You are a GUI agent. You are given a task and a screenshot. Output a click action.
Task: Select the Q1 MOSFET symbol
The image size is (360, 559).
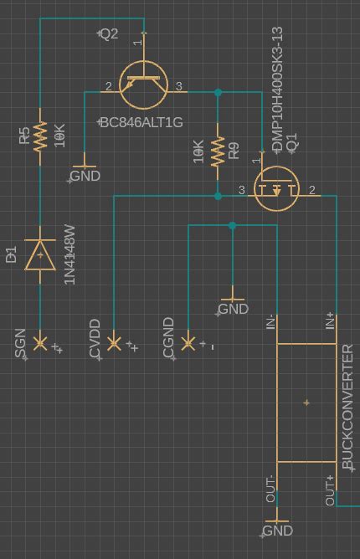(x=277, y=190)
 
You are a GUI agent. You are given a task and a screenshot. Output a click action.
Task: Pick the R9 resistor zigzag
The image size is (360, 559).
(x=219, y=151)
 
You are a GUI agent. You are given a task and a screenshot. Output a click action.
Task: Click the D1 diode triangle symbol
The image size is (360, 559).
(x=40, y=254)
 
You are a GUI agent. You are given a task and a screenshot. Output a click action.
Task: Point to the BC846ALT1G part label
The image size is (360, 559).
(x=141, y=122)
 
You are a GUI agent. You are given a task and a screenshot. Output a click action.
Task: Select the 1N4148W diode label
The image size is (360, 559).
(x=70, y=254)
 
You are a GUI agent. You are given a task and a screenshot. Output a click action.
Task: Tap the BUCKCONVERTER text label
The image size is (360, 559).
(x=348, y=407)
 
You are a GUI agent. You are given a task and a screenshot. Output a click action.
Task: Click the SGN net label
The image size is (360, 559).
(x=21, y=343)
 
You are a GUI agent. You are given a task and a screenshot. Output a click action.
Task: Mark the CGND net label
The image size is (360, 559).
(x=169, y=337)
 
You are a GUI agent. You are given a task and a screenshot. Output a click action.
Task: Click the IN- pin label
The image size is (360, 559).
(x=270, y=322)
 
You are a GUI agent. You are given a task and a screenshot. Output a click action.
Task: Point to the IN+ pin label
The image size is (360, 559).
(x=331, y=321)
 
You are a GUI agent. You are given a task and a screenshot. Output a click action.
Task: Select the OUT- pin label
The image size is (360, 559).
(x=270, y=490)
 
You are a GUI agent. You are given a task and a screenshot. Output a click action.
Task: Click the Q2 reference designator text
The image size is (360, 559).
(x=109, y=34)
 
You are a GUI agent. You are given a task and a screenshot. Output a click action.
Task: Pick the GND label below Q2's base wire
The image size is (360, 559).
(x=85, y=177)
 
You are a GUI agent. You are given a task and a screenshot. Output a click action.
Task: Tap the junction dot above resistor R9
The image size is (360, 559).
(x=219, y=92)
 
